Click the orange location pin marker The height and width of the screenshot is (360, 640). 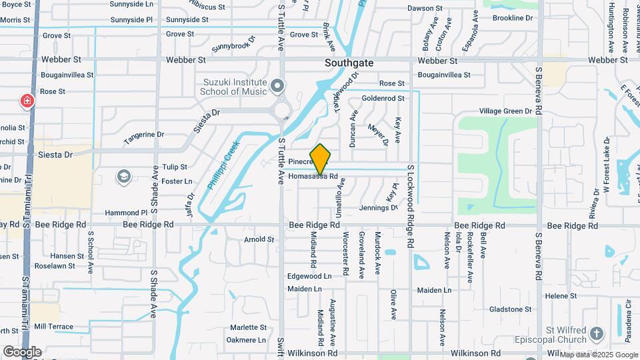tap(321, 159)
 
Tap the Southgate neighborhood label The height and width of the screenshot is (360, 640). tap(349, 63)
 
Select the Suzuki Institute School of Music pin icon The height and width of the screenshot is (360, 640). tap(277, 86)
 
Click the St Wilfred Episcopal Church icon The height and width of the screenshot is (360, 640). tap(596, 333)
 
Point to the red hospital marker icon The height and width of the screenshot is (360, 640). tap(27, 101)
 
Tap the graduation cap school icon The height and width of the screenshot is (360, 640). tap(123, 177)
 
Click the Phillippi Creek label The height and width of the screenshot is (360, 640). tap(223, 165)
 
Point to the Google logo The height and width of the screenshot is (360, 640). tap(22, 352)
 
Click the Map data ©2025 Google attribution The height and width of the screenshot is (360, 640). tap(599, 355)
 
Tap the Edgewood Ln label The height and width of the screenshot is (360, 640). tap(309, 276)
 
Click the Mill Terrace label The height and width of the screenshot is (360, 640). tap(53, 327)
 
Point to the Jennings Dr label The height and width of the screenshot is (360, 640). tap(378, 208)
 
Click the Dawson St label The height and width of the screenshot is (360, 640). tap(425, 9)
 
